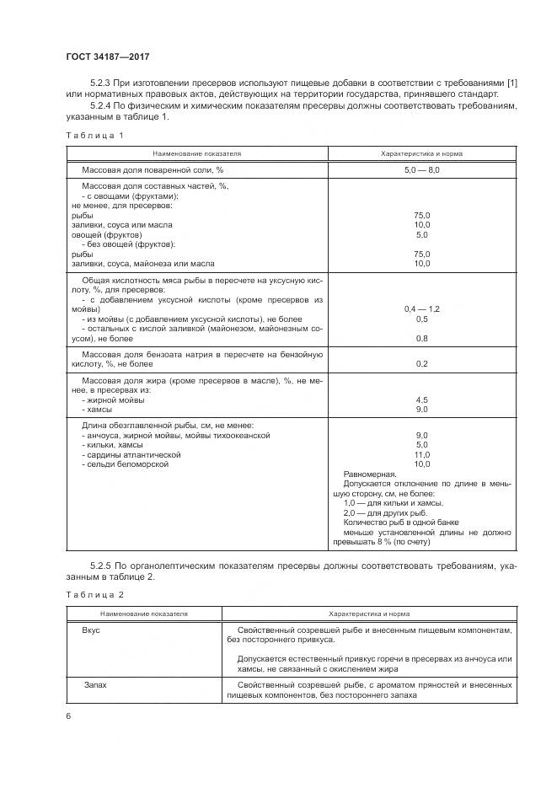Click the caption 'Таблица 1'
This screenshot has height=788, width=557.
[94, 137]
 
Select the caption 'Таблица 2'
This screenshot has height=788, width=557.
[94, 595]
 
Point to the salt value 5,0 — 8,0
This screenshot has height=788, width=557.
[421, 170]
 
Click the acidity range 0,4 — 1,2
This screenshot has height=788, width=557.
[421, 309]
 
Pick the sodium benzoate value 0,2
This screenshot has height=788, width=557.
[421, 363]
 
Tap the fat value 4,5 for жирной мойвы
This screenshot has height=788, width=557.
[421, 399]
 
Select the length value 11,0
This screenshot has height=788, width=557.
[421, 453]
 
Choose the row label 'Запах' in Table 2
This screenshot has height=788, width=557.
[94, 685]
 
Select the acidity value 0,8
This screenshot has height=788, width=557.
[421, 338]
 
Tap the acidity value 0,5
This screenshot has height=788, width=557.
[421, 319]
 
